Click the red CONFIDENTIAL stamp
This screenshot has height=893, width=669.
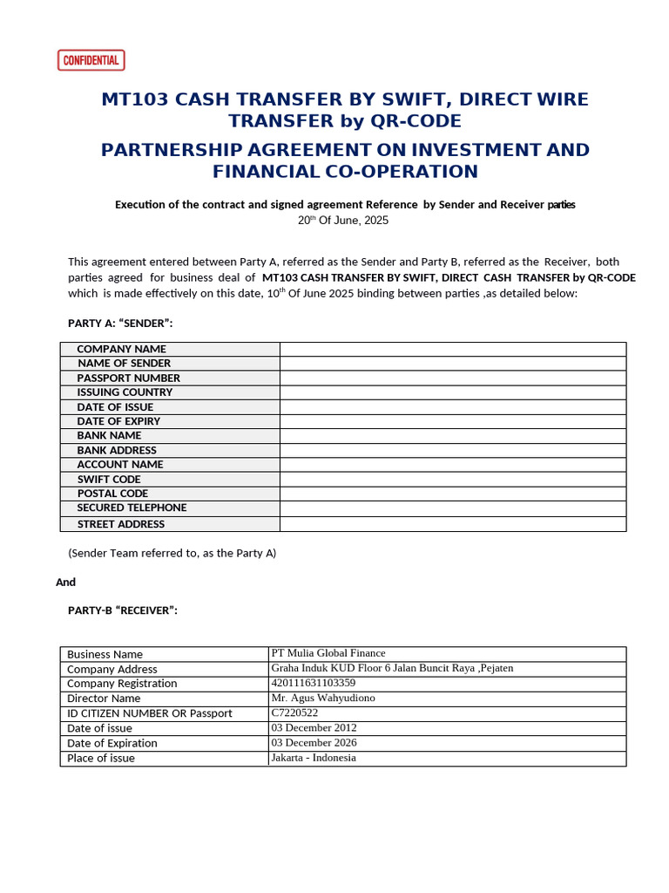[x=91, y=60]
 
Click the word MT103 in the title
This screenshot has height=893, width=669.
[x=135, y=99]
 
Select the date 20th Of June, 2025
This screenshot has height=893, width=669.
[x=343, y=221]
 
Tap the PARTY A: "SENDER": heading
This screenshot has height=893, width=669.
[x=120, y=324]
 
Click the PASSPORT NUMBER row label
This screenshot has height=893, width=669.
[x=128, y=378]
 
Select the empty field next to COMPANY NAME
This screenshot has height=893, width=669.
[x=452, y=349]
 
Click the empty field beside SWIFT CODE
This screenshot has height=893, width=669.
[x=452, y=479]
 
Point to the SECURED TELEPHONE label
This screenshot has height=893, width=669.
[x=132, y=508]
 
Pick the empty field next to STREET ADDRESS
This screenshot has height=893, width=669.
[x=452, y=524]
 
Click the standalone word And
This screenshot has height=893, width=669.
[x=65, y=582]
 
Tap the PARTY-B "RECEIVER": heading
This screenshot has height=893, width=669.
[x=123, y=610]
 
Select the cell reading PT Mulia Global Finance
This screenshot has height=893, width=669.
[x=328, y=653]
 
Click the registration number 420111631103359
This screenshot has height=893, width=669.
[x=314, y=683]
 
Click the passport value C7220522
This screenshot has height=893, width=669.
[x=295, y=712]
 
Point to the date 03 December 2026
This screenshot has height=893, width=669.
[x=314, y=743]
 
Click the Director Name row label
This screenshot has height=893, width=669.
[x=104, y=699]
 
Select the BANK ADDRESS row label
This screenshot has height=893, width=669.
[x=117, y=450]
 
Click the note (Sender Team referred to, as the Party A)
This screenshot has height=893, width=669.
[x=172, y=553]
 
